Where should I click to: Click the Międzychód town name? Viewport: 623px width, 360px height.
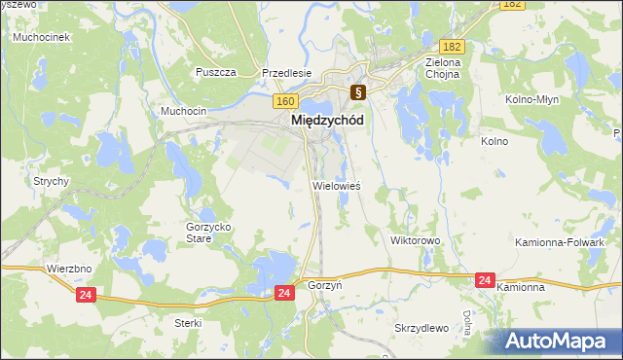(328, 120)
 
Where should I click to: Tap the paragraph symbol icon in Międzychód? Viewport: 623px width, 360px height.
(358, 93)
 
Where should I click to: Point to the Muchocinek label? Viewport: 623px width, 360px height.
(40, 37)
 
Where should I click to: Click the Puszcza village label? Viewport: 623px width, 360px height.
(216, 72)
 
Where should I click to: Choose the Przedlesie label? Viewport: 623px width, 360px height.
(286, 72)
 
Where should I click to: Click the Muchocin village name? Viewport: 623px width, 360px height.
(184, 111)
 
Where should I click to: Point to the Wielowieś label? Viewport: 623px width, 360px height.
(336, 185)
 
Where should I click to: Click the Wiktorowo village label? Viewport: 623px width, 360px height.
(416, 239)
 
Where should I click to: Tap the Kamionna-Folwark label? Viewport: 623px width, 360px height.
(574, 241)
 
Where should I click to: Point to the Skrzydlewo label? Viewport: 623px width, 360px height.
(421, 328)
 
